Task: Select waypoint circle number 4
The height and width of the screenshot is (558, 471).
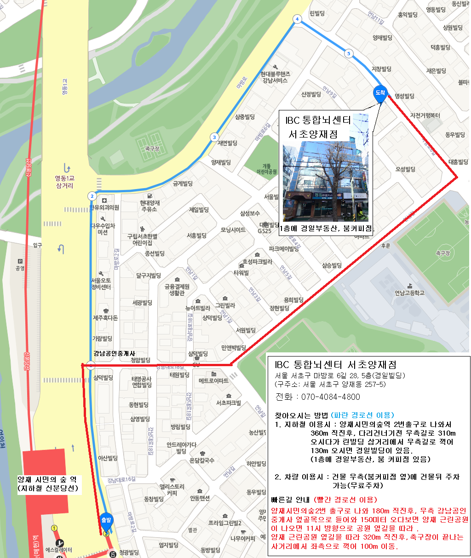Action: [297, 19]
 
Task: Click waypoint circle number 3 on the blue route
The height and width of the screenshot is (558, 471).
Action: [214, 137]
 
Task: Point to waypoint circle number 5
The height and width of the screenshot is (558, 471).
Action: [349, 54]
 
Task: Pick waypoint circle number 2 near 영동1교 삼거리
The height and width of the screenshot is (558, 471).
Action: [92, 196]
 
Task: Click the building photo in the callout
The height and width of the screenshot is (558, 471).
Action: [325, 182]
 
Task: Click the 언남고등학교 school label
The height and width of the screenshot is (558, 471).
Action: [409, 293]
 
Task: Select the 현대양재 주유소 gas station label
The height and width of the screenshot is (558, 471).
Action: [149, 206]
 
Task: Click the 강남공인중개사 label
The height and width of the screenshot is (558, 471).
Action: [114, 353]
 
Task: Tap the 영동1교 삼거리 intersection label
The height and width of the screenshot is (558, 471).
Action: [65, 182]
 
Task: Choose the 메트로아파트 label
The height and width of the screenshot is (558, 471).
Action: [213, 381]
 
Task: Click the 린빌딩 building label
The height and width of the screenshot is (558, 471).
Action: [317, 13]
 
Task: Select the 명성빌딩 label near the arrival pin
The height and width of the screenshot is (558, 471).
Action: [404, 96]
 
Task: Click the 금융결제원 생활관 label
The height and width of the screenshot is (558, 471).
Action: [177, 290]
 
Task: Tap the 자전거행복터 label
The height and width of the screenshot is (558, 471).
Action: [425, 115]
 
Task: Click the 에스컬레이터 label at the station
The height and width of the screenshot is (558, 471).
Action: [59, 550]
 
